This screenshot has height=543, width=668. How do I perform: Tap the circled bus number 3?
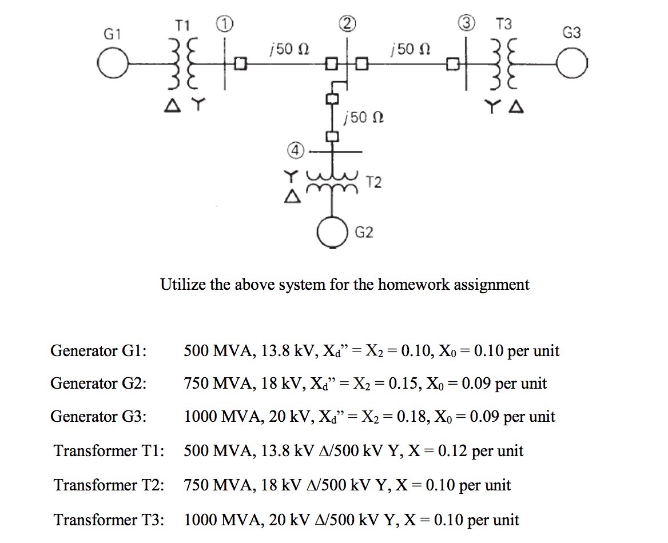pos(468,23)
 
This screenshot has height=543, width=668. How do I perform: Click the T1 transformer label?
pos(182,25)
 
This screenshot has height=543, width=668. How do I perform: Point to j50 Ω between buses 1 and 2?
pos(289,49)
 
